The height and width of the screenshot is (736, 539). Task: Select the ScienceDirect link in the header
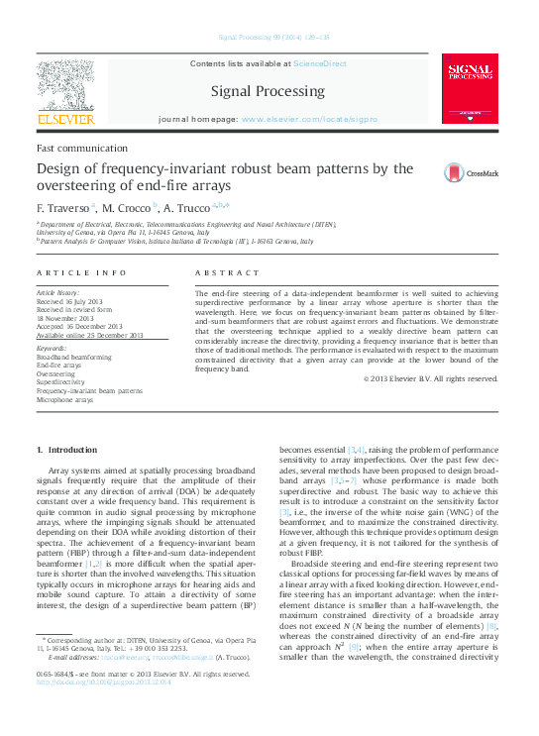320,63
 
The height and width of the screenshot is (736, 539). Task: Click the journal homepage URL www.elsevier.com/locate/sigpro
308,119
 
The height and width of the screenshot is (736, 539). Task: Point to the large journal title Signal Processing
268,91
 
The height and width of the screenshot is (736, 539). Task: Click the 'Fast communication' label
71,148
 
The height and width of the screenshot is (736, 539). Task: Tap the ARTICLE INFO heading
81,272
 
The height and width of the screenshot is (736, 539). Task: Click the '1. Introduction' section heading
66,450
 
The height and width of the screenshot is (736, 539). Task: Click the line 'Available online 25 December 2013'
86,337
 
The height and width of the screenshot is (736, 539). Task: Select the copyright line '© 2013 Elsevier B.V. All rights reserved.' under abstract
430,377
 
